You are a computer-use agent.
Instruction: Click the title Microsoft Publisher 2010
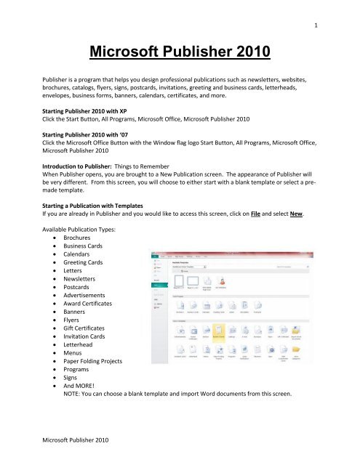coord(180,53)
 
